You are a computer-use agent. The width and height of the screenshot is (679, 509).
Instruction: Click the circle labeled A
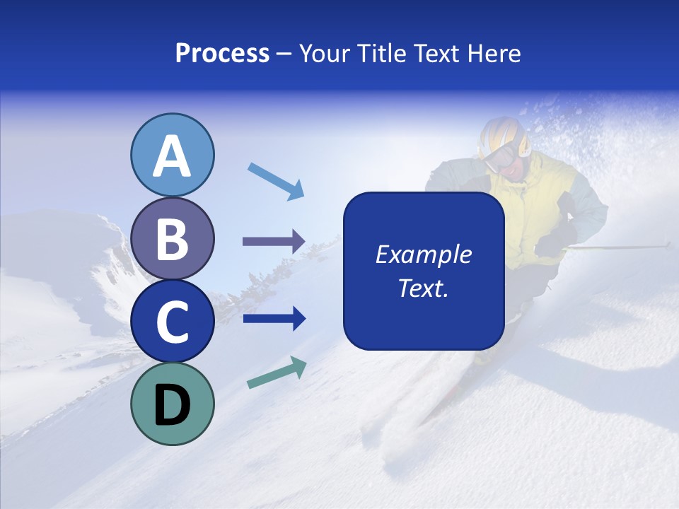(x=172, y=155)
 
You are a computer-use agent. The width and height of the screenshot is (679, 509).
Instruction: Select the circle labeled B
(x=172, y=238)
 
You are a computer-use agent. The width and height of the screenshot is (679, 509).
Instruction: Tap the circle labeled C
(x=172, y=322)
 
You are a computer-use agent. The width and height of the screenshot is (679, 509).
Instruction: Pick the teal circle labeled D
(x=172, y=404)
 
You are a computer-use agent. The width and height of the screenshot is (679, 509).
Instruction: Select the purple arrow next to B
(x=274, y=242)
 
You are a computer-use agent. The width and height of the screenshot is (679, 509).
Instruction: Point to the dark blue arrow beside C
(x=274, y=319)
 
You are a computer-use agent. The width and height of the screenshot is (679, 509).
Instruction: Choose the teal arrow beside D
(x=277, y=373)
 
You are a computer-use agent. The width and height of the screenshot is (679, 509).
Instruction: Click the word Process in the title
(x=222, y=54)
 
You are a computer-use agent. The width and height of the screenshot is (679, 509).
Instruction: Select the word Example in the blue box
(x=423, y=255)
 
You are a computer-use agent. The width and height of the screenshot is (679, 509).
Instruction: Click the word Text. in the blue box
(x=423, y=288)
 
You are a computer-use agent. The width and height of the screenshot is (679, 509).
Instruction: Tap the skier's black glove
(x=551, y=245)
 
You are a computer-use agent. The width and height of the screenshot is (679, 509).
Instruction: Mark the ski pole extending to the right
(x=622, y=247)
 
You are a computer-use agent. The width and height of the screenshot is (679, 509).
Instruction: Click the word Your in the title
(x=326, y=54)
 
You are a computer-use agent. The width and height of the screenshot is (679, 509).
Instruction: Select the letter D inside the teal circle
(x=172, y=404)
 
